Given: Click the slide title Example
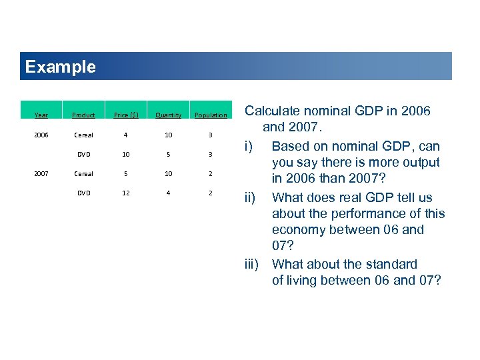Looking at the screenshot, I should (x=60, y=67).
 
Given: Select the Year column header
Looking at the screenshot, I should (x=41, y=115).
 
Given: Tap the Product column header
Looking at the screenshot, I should (x=84, y=115).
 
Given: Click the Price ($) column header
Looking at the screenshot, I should (x=126, y=115).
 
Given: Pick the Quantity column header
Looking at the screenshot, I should (x=168, y=115).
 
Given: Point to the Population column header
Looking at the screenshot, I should (x=211, y=115).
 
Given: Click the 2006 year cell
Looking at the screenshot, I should (x=41, y=135).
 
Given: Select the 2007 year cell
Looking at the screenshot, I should (x=41, y=173).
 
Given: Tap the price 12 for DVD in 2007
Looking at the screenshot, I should (x=126, y=193).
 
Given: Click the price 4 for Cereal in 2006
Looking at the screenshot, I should (x=126, y=135).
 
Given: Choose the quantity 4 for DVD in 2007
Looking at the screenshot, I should (x=168, y=193).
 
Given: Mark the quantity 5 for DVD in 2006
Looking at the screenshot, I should (x=168, y=154).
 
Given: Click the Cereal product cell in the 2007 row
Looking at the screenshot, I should (x=84, y=173).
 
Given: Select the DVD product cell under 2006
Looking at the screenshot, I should (x=84, y=154).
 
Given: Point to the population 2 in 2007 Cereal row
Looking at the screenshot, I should (x=211, y=173).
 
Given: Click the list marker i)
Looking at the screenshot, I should (x=248, y=146).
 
